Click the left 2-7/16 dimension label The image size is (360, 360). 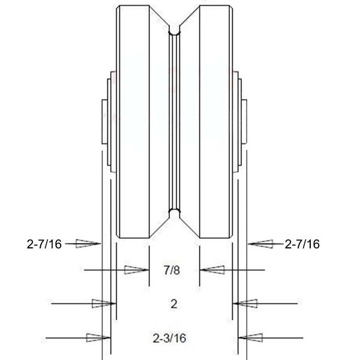pyautogui.click(x=44, y=244)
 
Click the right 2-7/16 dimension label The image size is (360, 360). pyautogui.click(x=302, y=244)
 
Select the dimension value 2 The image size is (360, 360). pyautogui.click(x=173, y=304)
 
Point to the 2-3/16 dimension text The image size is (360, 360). pyautogui.click(x=170, y=338)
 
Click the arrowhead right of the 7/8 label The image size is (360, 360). pyautogui.click(x=212, y=271)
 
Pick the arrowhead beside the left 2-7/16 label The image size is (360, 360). pyautogui.click(x=88, y=244)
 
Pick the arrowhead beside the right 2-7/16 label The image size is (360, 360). pyautogui.click(x=259, y=244)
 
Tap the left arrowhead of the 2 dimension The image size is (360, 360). pyautogui.click(x=102, y=304)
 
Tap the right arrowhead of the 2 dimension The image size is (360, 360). pyautogui.click(x=245, y=304)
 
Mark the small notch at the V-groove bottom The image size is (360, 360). pyautogui.click(x=174, y=212)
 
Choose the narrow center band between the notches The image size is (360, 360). pyautogui.click(x=174, y=120)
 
